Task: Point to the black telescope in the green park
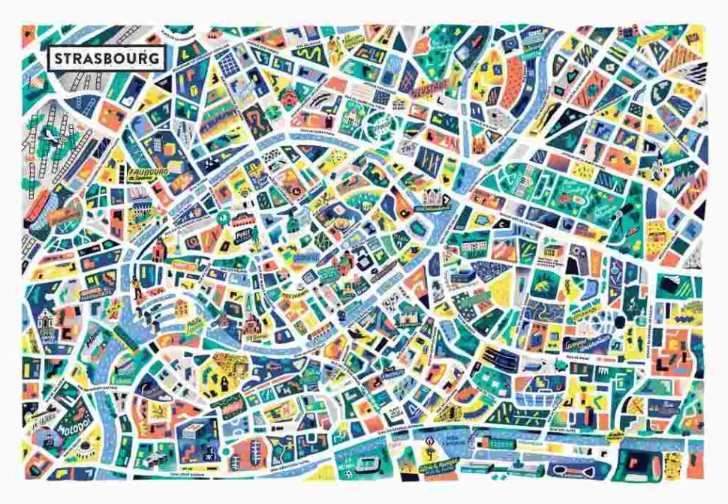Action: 579,264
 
